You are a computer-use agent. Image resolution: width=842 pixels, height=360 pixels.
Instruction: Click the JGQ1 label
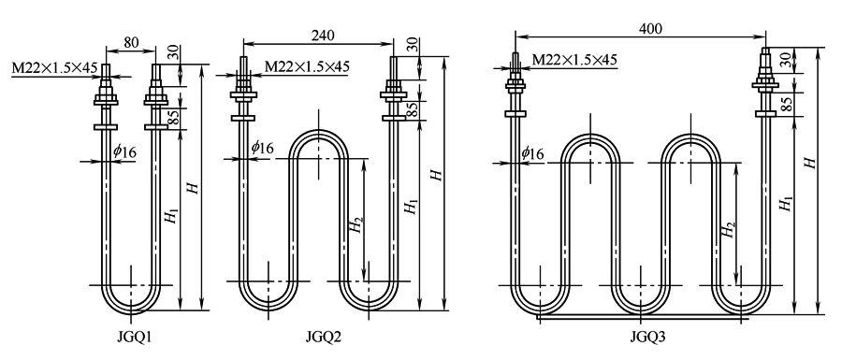coord(135,337)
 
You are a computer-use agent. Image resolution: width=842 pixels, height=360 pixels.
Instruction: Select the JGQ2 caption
coord(324,337)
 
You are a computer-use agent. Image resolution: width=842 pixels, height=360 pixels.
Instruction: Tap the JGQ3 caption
coord(647,337)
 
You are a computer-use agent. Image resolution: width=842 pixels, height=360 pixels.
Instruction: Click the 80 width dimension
coord(131,42)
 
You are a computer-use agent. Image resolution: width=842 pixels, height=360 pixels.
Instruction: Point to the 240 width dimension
coord(323,35)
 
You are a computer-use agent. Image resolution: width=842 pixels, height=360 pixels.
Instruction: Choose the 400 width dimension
coord(650,28)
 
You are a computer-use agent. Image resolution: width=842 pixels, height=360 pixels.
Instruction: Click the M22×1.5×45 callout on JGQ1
coord(55,67)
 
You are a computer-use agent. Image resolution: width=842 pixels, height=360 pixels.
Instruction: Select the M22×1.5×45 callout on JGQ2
coord(307,66)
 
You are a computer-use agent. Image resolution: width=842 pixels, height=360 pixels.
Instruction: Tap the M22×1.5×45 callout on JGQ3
coord(574,59)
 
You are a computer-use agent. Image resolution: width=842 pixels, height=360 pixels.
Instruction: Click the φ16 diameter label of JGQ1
coord(124,151)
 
